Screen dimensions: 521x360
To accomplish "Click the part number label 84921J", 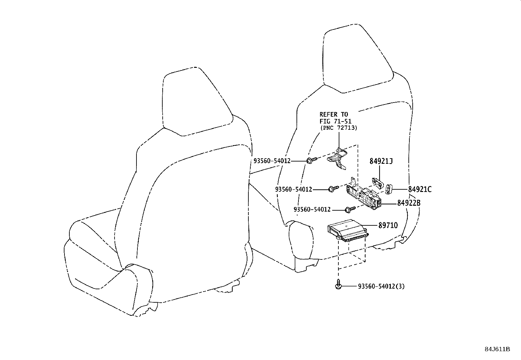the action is (x=381, y=161).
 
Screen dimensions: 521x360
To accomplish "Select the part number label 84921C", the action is (x=420, y=189).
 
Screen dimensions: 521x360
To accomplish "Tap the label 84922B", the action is (x=409, y=203).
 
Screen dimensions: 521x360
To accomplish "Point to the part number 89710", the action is (x=388, y=225).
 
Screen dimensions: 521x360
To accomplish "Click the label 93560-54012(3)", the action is (x=381, y=286).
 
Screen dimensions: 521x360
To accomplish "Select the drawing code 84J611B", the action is (x=497, y=349).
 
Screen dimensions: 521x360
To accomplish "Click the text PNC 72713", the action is (x=339, y=128).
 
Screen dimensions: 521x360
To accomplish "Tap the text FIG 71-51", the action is (x=335, y=121).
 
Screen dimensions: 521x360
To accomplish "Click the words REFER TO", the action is (x=334, y=115).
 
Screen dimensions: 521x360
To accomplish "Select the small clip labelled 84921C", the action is (x=389, y=189).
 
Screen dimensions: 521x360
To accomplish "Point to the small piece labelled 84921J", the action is (x=377, y=183).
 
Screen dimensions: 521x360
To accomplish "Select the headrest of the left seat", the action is (x=198, y=102).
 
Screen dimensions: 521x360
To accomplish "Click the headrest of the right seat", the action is (x=358, y=58).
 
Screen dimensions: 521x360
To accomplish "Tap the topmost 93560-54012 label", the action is (x=272, y=161).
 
